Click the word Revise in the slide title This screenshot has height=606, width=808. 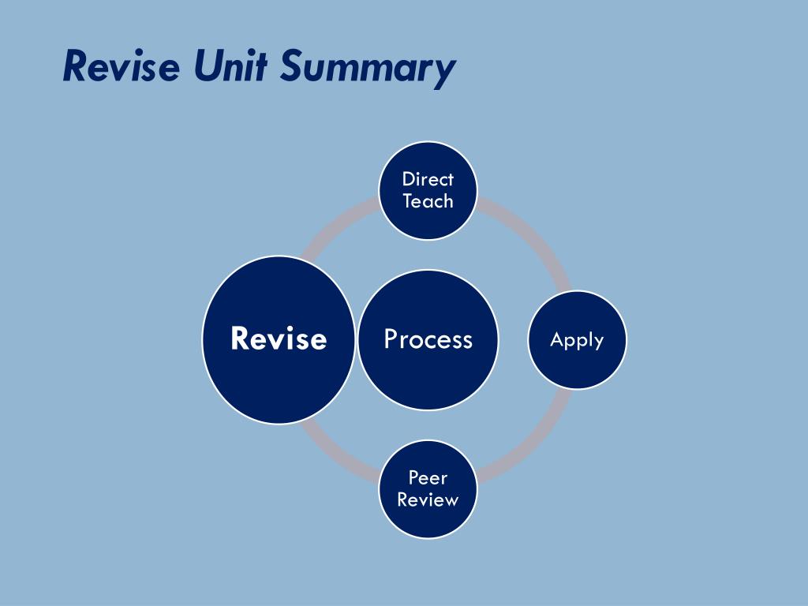pyautogui.click(x=122, y=66)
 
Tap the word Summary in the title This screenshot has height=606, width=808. pyautogui.click(x=368, y=68)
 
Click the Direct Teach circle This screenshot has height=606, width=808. pyautogui.click(x=428, y=190)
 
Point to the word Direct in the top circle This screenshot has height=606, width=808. pyautogui.click(x=428, y=179)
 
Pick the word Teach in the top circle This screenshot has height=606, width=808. pyautogui.click(x=428, y=201)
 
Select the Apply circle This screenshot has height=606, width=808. pyautogui.click(x=577, y=340)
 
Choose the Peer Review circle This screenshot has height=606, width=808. pyautogui.click(x=428, y=489)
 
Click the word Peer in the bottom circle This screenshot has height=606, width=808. pyautogui.click(x=428, y=477)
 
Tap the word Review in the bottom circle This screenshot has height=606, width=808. pyautogui.click(x=428, y=499)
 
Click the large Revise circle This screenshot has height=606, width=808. pyautogui.click(x=279, y=339)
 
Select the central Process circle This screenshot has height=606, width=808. pyautogui.click(x=428, y=339)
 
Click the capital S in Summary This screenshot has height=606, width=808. pyautogui.click(x=290, y=66)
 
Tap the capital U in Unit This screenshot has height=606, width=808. pyautogui.click(x=206, y=66)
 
